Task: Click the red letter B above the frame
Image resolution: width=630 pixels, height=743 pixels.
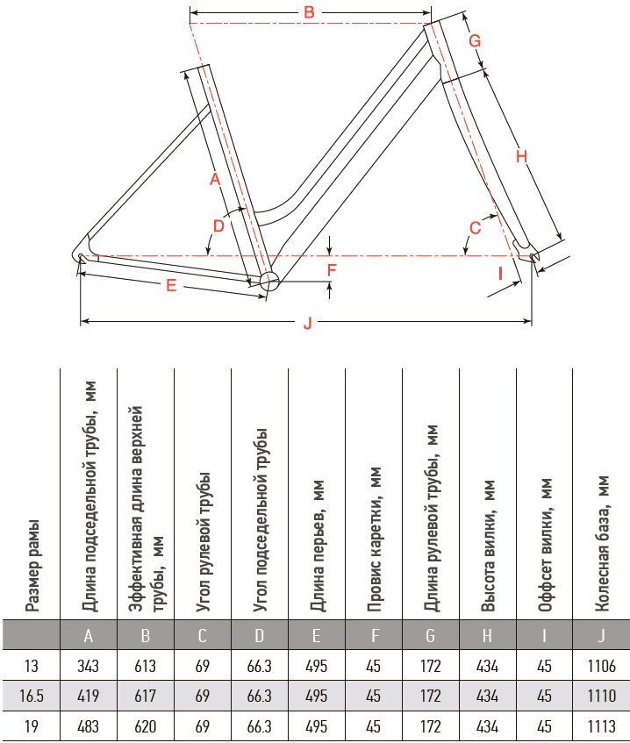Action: [x=309, y=12]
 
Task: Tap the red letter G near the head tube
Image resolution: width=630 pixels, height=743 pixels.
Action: [x=475, y=40]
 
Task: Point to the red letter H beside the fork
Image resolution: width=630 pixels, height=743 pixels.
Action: [x=521, y=156]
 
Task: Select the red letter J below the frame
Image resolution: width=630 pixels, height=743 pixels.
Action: [x=308, y=323]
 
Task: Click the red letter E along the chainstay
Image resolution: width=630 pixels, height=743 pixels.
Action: [x=171, y=285]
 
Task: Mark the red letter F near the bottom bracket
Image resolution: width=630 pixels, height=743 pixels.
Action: [x=332, y=269]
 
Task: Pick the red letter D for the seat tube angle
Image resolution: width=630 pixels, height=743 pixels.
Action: [x=218, y=226]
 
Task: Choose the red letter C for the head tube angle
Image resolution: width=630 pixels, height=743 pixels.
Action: [x=475, y=228]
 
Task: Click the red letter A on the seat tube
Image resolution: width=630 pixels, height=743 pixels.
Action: [x=215, y=179]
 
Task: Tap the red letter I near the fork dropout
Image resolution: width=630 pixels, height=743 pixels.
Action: [x=500, y=274]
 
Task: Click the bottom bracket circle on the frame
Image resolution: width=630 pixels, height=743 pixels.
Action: [x=269, y=281]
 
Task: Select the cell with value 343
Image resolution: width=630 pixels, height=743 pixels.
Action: [x=88, y=666]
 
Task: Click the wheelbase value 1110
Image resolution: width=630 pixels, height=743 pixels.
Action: [x=602, y=696]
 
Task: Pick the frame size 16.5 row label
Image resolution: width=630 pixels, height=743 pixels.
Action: [x=32, y=696]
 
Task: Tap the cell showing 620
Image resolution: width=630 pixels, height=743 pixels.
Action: [x=145, y=726]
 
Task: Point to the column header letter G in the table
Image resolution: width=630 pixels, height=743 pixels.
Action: [x=430, y=635]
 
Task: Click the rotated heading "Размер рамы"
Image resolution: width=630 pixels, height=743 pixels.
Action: [x=32, y=567]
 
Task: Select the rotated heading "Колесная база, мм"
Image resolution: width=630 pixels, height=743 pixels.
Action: [x=602, y=544]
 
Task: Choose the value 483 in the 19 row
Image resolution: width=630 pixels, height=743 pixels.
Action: [x=88, y=726]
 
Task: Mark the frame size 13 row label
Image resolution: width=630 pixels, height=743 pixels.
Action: [x=32, y=666]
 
